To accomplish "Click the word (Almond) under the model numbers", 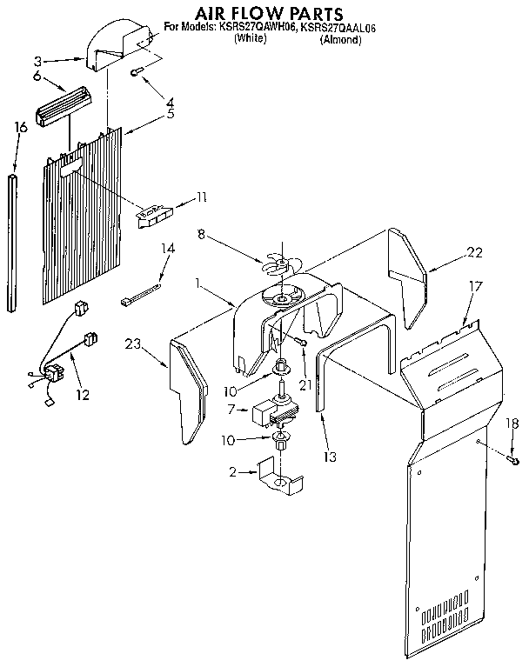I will pyautogui.click(x=340, y=40).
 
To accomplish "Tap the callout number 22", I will pyautogui.click(x=474, y=253).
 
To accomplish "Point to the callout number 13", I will pyautogui.click(x=330, y=456).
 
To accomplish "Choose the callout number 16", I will pyautogui.click(x=21, y=127).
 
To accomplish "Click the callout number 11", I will pyautogui.click(x=201, y=197).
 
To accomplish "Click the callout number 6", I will pyautogui.click(x=36, y=76).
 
